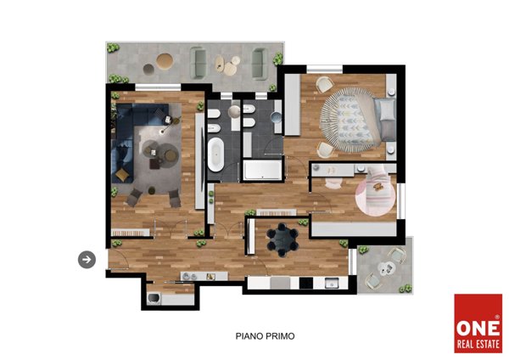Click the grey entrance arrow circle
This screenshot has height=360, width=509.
pos(87,260)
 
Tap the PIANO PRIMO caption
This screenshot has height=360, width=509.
pos(265,336)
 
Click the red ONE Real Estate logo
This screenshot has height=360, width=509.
pos(478,323)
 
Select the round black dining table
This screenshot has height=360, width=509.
pos(282,240)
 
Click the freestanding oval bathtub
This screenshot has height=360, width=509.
pos(215,155)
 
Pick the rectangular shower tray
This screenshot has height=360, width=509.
pos(263,170)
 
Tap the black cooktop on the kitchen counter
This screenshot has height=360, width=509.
pos(305,283)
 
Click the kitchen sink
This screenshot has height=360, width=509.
pos(332,283)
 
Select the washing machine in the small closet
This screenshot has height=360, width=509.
pos(154,299)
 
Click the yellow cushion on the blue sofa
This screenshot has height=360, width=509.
pos(122,175)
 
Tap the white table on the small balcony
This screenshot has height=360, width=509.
pos(385,269)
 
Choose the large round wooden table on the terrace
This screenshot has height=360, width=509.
pos(165,61)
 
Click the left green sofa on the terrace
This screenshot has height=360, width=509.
pos(198,63)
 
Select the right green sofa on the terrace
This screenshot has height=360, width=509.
pos(260,64)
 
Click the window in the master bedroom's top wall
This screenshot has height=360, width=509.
pos(325,70)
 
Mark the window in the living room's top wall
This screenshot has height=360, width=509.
pos(158,87)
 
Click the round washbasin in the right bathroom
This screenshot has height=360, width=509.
pos(277,117)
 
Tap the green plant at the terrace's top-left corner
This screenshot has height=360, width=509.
pos(113,48)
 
